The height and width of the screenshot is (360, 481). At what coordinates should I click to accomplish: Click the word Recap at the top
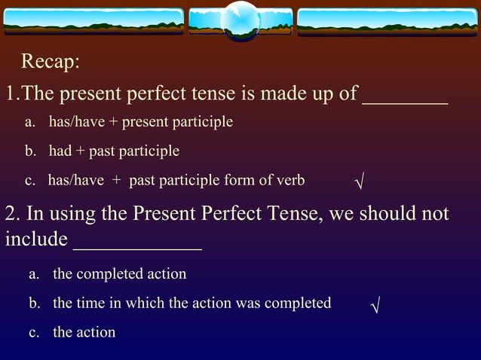pos(50,61)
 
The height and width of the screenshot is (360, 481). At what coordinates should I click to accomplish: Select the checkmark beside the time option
pos(375,305)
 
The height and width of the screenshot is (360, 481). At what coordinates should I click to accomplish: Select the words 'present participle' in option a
pos(177,121)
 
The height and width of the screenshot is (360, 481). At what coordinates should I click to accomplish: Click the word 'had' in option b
pos(60,151)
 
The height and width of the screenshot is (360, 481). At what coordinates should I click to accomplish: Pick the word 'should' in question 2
pos(387,213)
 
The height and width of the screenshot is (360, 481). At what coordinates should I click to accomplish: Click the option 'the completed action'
pos(119,273)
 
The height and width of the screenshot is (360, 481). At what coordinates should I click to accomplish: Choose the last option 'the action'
pos(84,332)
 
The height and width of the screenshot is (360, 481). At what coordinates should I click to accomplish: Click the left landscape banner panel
pos(93,21)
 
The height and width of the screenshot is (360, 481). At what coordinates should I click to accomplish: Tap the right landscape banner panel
pos(388,21)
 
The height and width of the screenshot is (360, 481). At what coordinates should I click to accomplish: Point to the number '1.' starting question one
pos(12,94)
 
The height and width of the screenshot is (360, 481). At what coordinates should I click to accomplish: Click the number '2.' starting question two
pos(13,214)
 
